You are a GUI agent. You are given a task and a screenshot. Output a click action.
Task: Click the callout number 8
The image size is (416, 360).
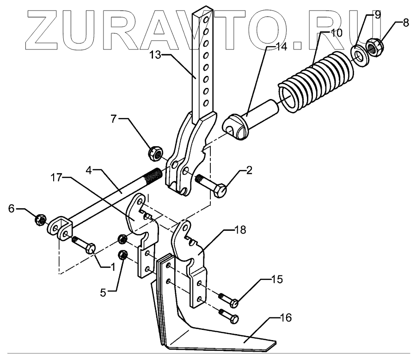click(x=405, y=21)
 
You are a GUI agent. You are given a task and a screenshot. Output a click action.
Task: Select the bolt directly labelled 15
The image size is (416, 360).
click(x=233, y=303)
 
